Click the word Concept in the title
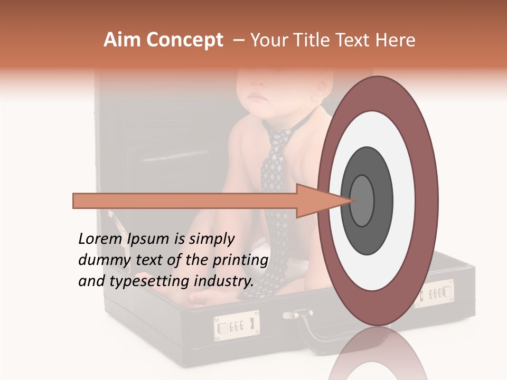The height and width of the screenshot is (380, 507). tap(184, 40)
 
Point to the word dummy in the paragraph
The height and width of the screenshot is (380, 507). tap(100, 260)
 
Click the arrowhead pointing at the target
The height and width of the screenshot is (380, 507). tap(317, 201)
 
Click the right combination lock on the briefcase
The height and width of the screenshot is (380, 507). tap(436, 293)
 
